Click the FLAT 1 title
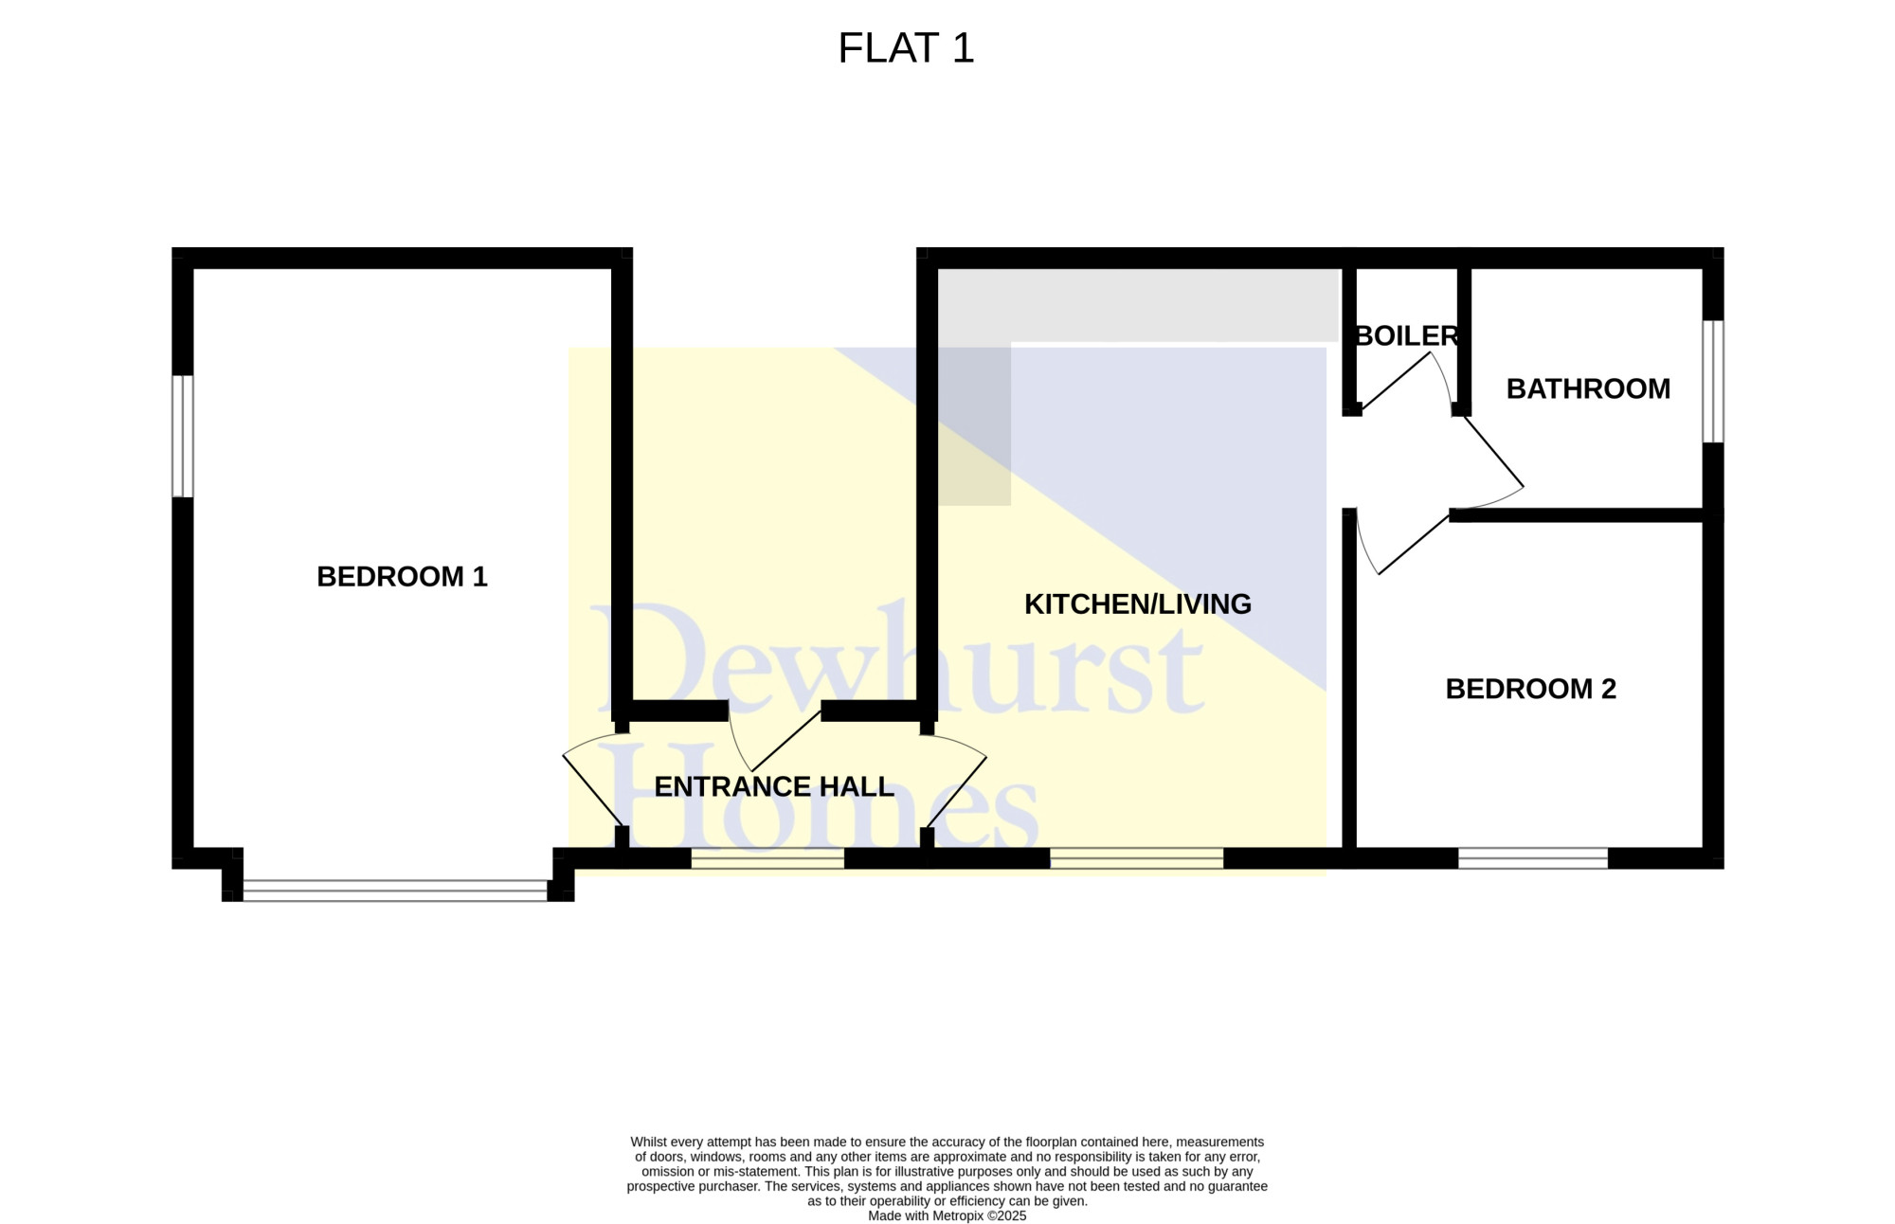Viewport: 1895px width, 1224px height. point(906,48)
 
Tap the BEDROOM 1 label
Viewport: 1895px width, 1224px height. point(402,576)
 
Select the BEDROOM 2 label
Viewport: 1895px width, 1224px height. point(1530,689)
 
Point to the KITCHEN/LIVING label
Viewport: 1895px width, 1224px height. point(1138,604)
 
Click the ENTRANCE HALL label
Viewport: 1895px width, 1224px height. point(774,786)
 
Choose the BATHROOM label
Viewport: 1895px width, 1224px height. point(1588,388)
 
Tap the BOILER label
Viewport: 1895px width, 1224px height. point(1407,335)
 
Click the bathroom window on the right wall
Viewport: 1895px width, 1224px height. point(1713,381)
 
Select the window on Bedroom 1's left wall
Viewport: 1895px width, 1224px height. point(183,436)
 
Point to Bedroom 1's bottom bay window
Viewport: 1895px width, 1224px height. point(395,891)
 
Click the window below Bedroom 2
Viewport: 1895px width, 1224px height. point(1533,858)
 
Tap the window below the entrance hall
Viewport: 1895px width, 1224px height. point(767,858)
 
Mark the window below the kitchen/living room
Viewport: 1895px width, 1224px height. point(1137,858)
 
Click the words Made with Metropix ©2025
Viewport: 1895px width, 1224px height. point(947,1215)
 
